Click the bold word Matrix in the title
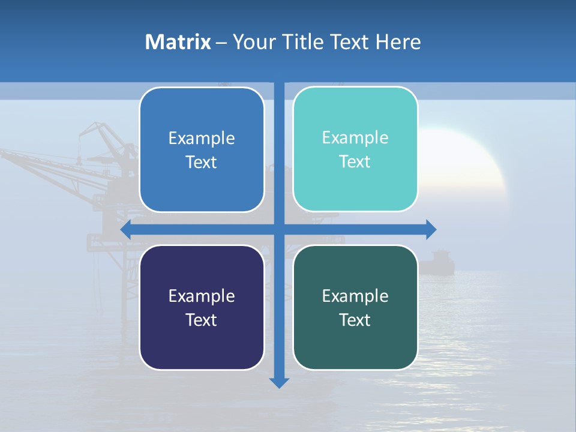click(x=178, y=42)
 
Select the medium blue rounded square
click(x=202, y=149)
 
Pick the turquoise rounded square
click(x=355, y=149)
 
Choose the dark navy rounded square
click(x=202, y=307)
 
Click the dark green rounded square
click(x=355, y=307)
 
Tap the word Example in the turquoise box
click(x=355, y=137)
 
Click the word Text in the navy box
click(x=202, y=320)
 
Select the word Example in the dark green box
click(x=355, y=296)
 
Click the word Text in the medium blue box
click(x=202, y=162)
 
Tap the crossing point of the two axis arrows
click(x=279, y=230)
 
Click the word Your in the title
click(x=251, y=42)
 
